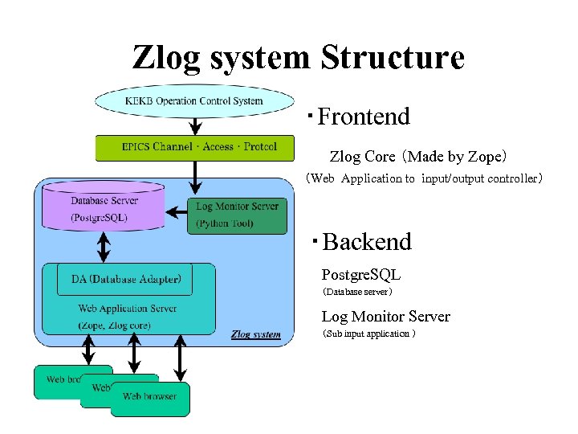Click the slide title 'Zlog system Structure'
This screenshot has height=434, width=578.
(298, 58)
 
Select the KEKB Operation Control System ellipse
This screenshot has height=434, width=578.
(194, 101)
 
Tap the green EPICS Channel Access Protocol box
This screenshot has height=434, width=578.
(199, 147)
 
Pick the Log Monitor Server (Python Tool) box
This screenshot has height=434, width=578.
(237, 215)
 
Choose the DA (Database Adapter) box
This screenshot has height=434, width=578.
(125, 280)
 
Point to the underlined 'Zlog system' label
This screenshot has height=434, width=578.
(255, 334)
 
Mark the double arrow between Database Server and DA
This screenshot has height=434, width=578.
(103, 244)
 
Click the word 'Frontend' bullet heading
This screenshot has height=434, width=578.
(363, 117)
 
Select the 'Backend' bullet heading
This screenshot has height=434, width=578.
(366, 242)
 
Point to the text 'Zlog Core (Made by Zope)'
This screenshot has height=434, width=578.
(418, 156)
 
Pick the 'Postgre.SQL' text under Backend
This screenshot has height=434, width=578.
(361, 276)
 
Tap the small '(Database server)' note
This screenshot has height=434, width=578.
(357, 293)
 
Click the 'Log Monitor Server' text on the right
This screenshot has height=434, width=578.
(385, 317)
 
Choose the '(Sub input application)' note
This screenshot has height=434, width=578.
(368, 334)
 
